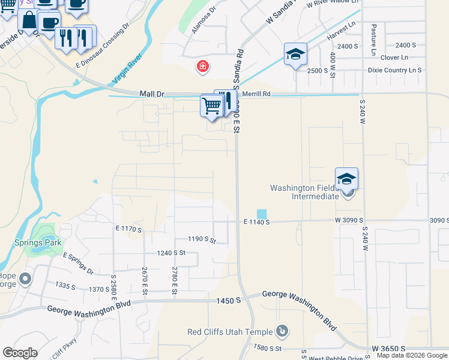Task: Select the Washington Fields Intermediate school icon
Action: (346, 179)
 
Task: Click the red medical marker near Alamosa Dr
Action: (203, 66)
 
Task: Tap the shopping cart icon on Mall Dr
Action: (211, 106)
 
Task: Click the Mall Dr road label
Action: (152, 94)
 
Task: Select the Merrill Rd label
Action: (257, 94)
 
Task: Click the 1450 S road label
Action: (229, 300)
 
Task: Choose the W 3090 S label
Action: (351, 221)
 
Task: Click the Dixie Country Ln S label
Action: (394, 70)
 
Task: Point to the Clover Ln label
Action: (394, 58)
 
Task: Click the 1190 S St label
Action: (201, 239)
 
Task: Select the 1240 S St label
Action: (171, 253)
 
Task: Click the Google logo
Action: (20, 353)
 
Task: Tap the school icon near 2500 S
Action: (295, 55)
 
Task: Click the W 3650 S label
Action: (388, 349)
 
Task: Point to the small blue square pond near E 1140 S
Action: (262, 214)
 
